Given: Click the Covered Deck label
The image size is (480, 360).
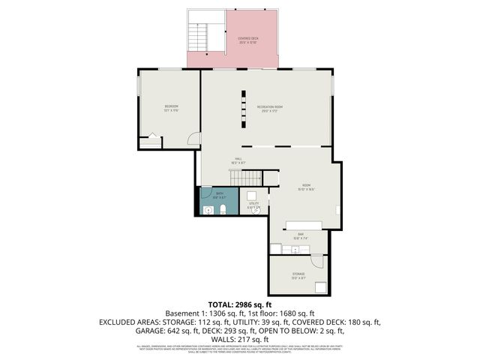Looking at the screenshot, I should tap(247, 40).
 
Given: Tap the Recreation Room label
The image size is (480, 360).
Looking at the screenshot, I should tap(269, 109).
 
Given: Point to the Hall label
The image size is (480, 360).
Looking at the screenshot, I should tap(238, 161).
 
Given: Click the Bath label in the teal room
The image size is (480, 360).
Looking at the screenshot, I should tap(220, 195).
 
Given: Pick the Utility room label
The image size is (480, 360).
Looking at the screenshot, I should tap(254, 204).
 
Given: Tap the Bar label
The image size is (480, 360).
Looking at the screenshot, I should tap(300, 236).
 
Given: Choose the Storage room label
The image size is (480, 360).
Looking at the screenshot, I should tap(298, 276).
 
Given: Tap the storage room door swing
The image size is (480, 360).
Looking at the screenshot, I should tap(317, 261).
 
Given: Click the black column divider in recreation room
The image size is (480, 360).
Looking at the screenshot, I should tap(242, 108).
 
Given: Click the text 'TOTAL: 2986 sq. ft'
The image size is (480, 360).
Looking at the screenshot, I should tap(239, 305).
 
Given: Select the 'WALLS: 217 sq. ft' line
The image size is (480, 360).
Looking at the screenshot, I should tap(239, 338).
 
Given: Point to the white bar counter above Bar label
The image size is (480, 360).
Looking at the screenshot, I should tap(303, 226).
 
